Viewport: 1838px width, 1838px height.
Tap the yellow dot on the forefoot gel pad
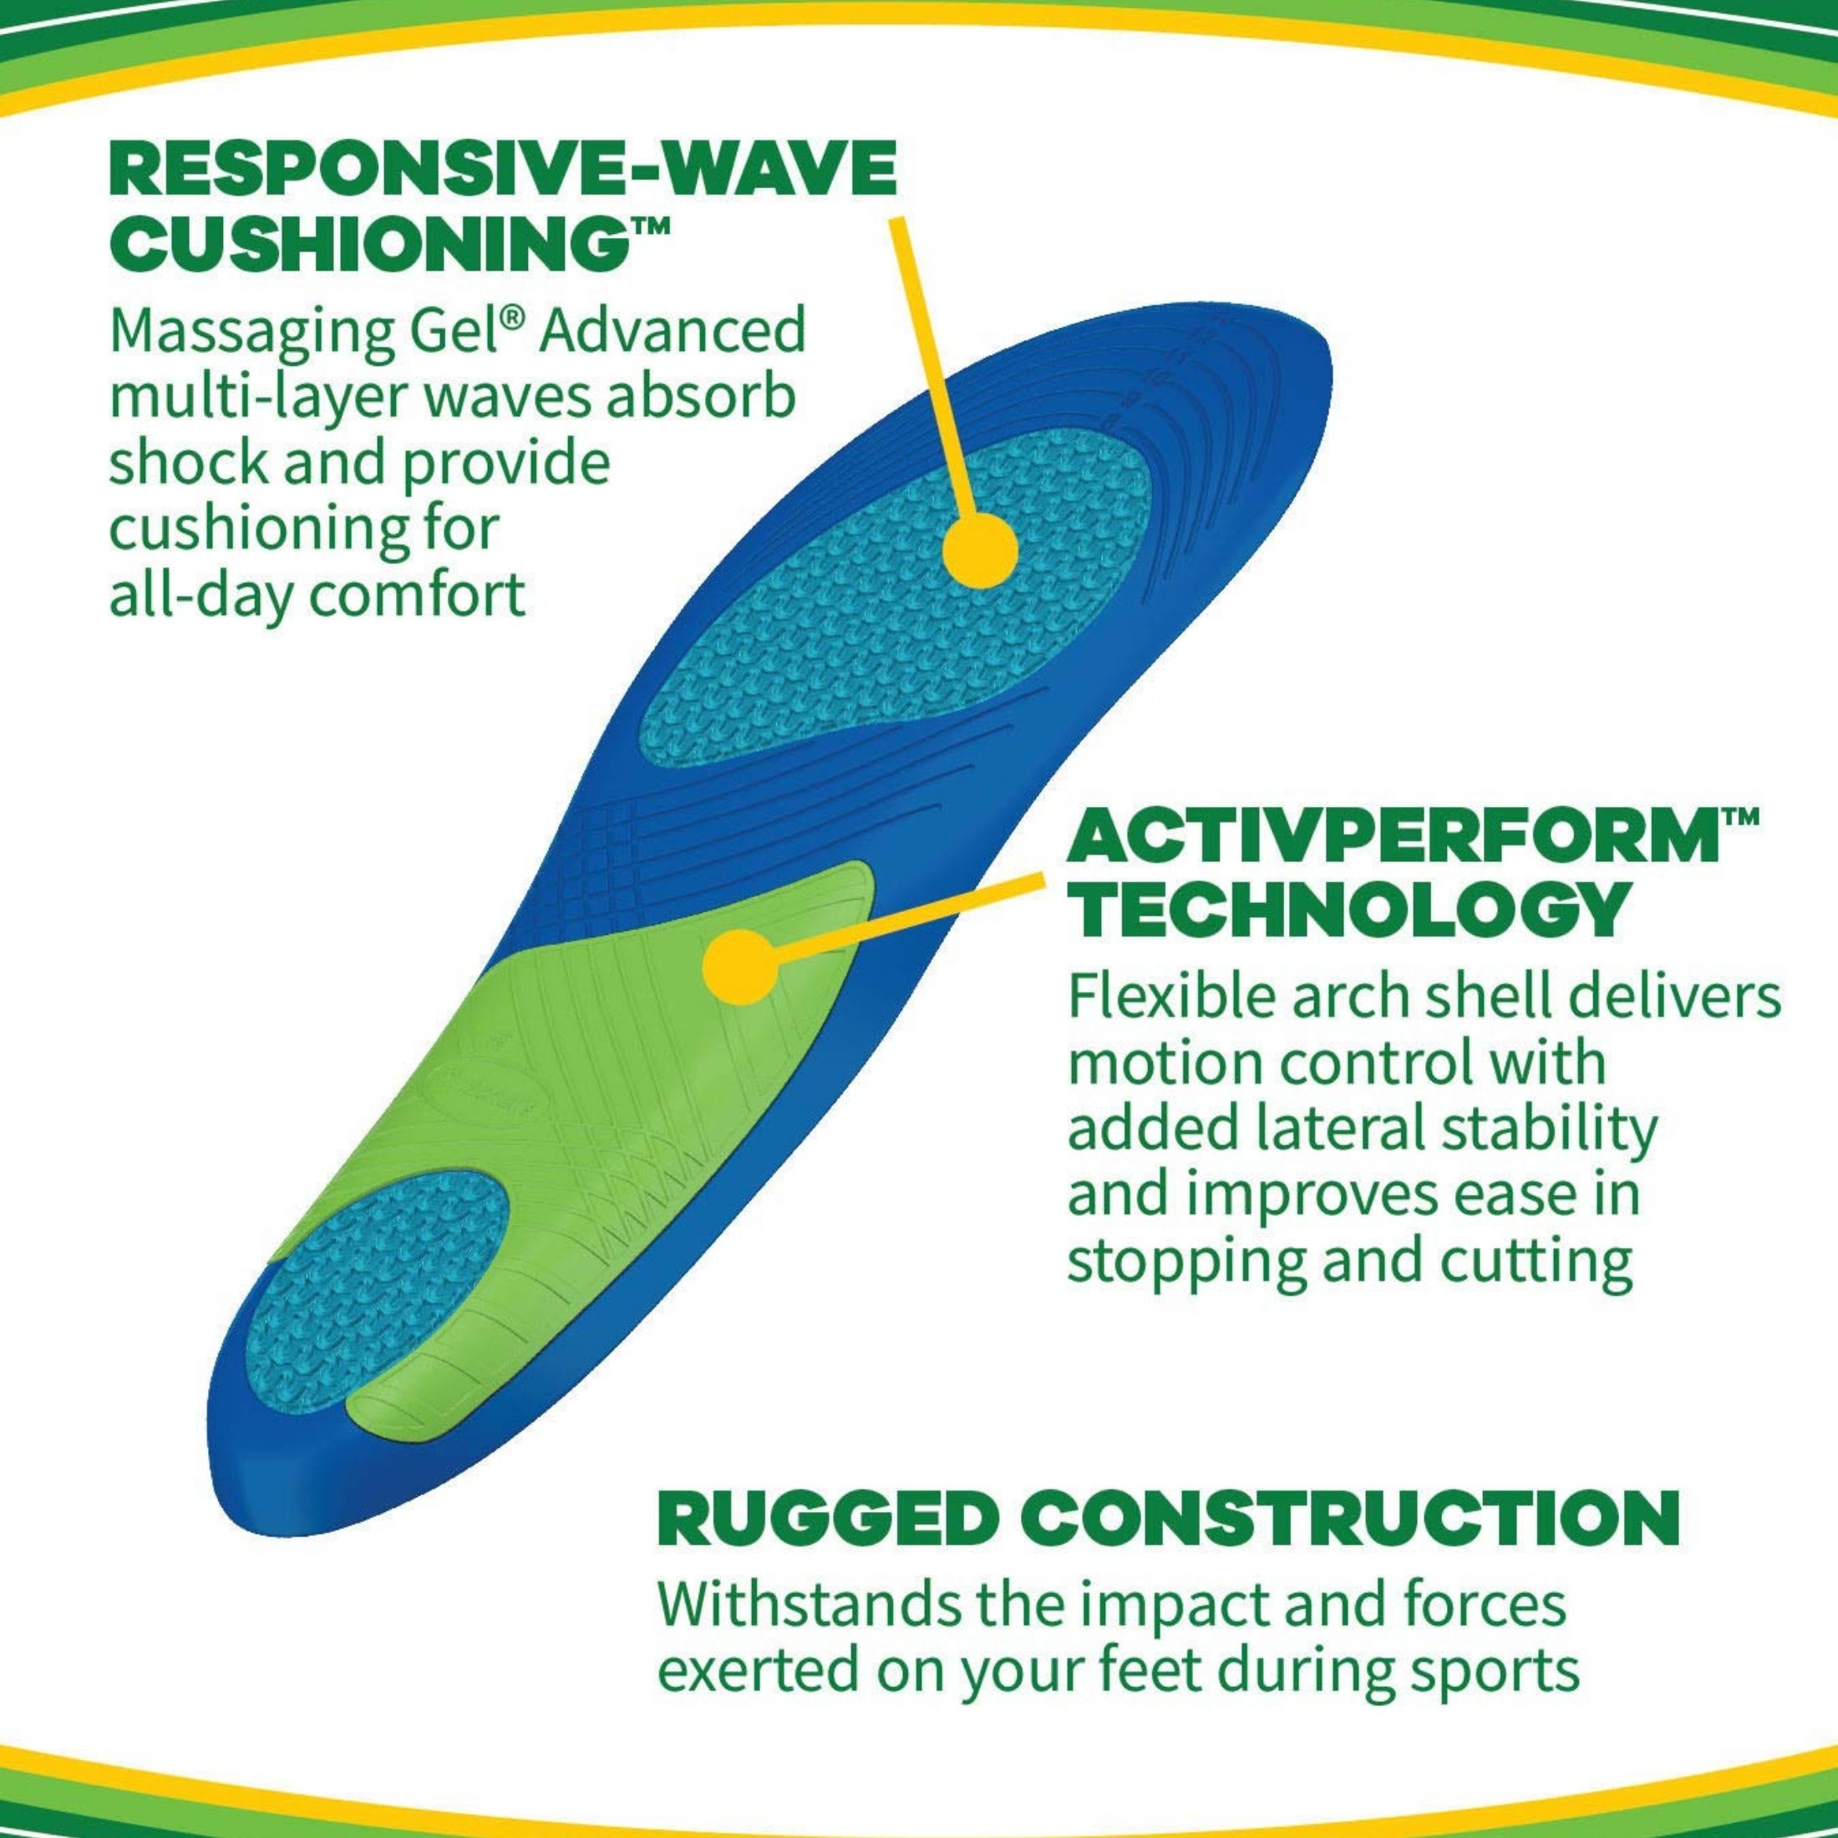click(980, 551)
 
